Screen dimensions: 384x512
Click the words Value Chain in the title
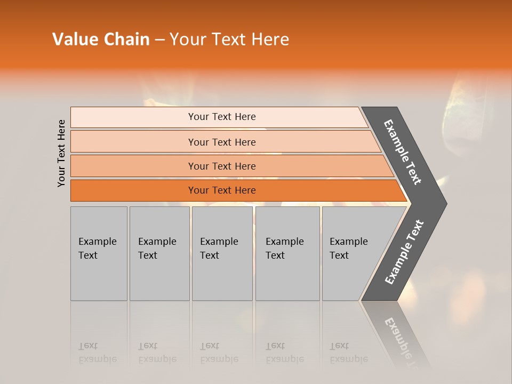point(101,39)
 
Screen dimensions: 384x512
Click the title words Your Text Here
point(229,39)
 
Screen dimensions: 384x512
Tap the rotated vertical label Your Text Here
point(62,153)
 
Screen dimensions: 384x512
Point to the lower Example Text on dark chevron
point(404,252)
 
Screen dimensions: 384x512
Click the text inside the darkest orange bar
point(222,190)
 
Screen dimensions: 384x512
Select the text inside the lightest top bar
point(222,117)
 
